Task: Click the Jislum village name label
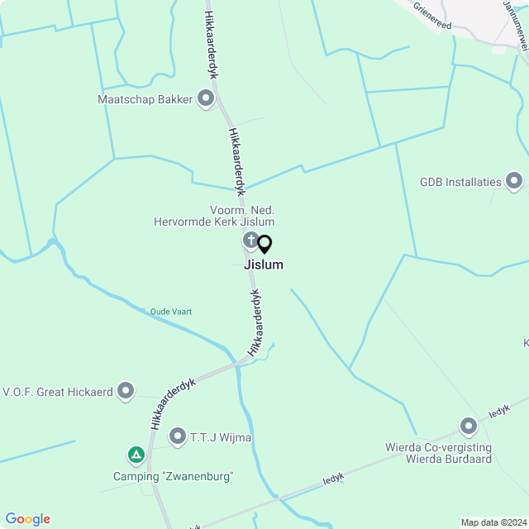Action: [x=264, y=265]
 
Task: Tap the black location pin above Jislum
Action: [x=264, y=245]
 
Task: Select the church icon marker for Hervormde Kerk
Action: [x=250, y=241]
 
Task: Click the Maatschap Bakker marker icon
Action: [x=206, y=99]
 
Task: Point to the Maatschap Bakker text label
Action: [x=145, y=100]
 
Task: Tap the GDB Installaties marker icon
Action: [x=514, y=181]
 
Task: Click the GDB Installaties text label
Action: [x=460, y=182]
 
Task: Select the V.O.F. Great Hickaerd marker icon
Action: [x=126, y=390]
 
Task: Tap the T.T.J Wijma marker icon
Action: [x=177, y=436]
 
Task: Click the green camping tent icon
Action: [x=136, y=455]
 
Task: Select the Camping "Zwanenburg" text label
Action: [x=174, y=476]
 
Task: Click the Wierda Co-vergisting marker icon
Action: [x=469, y=427]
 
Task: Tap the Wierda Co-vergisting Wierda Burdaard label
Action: [x=438, y=453]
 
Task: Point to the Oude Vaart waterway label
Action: [x=171, y=312]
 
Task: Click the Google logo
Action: [x=27, y=519]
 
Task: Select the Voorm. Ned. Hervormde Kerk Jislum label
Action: [x=214, y=217]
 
